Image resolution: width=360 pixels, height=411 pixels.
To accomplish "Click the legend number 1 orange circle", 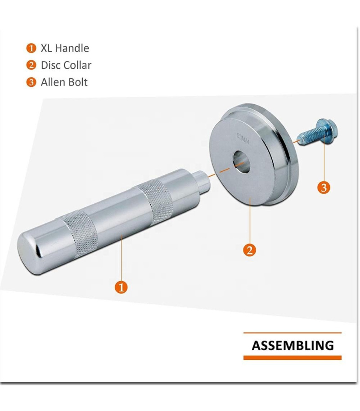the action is tap(31, 49).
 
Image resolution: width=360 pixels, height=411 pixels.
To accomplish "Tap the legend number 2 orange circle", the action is tap(31, 65).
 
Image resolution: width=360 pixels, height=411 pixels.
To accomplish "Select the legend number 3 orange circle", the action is tap(31, 82).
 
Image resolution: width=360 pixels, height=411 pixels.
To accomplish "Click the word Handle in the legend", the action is tap(72, 48).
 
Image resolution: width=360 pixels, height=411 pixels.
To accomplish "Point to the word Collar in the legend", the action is tap(78, 65).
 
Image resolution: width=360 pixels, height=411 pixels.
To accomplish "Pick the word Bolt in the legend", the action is tap(77, 82).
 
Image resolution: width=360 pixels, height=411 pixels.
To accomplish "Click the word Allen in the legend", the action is tap(53, 82).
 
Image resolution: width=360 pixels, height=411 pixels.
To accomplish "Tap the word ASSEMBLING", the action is tap(292, 345).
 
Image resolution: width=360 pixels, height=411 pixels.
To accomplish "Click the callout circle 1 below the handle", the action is tap(121, 287).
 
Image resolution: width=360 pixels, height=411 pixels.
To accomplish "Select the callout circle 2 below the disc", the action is tap(250, 250).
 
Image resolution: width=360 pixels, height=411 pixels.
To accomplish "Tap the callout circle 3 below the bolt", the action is tap(324, 188).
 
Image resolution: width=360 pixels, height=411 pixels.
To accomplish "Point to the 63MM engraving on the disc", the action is tap(243, 138).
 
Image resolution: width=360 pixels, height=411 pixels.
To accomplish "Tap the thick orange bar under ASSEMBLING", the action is tap(292, 358).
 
